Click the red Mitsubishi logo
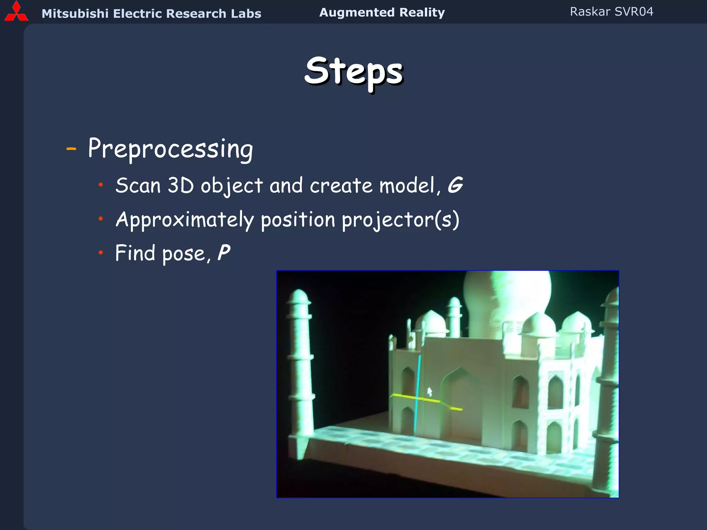(x=16, y=12)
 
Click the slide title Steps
(x=354, y=71)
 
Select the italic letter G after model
(x=455, y=185)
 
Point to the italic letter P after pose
(x=224, y=253)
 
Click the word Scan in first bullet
(x=138, y=186)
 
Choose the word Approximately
(x=185, y=220)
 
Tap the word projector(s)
(x=400, y=220)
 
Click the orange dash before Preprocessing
(x=71, y=149)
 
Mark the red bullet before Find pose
(x=100, y=253)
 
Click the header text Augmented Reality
(x=382, y=12)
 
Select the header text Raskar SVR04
(x=611, y=12)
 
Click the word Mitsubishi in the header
(x=75, y=13)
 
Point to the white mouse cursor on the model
(x=429, y=392)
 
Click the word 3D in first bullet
(x=181, y=186)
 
